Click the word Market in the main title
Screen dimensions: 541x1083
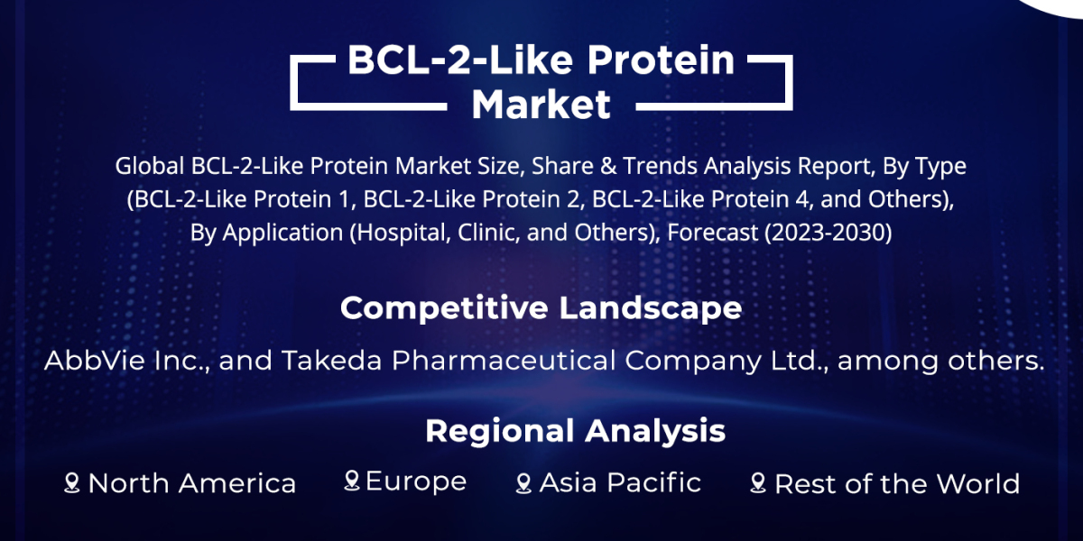tap(541, 105)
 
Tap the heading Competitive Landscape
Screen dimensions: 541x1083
tap(541, 308)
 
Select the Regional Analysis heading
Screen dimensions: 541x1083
tap(575, 431)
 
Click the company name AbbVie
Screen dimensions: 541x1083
tap(88, 361)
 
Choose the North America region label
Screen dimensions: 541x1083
tap(191, 484)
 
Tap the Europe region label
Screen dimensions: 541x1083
tap(415, 481)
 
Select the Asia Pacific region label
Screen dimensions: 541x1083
tap(620, 483)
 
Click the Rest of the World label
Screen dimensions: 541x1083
tap(896, 484)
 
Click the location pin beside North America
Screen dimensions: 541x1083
tap(72, 484)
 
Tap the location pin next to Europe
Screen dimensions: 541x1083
tap(352, 481)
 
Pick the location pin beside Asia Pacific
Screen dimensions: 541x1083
tap(523, 484)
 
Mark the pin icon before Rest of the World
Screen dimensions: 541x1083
tap(758, 484)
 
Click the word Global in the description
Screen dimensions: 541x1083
tap(149, 167)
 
